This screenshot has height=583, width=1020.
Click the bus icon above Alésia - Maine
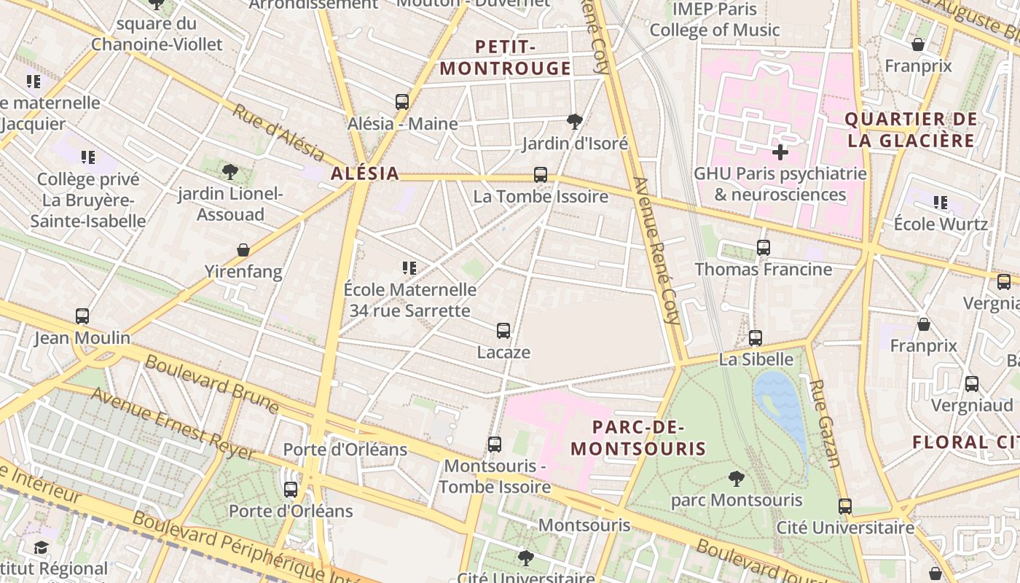402,102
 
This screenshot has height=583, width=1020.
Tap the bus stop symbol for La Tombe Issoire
540,175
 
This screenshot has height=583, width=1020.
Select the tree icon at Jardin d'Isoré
575,121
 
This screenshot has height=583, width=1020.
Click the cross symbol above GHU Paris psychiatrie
780,152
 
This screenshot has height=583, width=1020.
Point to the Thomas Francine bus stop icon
763,248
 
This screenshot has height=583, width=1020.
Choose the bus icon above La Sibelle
756,338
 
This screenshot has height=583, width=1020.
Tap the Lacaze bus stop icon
503,331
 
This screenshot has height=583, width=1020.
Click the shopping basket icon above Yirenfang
243,251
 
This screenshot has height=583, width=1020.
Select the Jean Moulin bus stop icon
82,316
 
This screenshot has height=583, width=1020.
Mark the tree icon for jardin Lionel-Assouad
230,172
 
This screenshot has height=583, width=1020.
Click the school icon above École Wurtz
941,203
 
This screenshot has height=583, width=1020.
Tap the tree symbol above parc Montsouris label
737,479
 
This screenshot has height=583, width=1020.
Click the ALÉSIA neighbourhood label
365,173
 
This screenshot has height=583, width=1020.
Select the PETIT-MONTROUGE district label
506,58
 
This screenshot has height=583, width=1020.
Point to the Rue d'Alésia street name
278,133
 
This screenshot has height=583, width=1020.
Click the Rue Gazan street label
825,423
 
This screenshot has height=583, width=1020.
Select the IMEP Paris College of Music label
715,20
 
